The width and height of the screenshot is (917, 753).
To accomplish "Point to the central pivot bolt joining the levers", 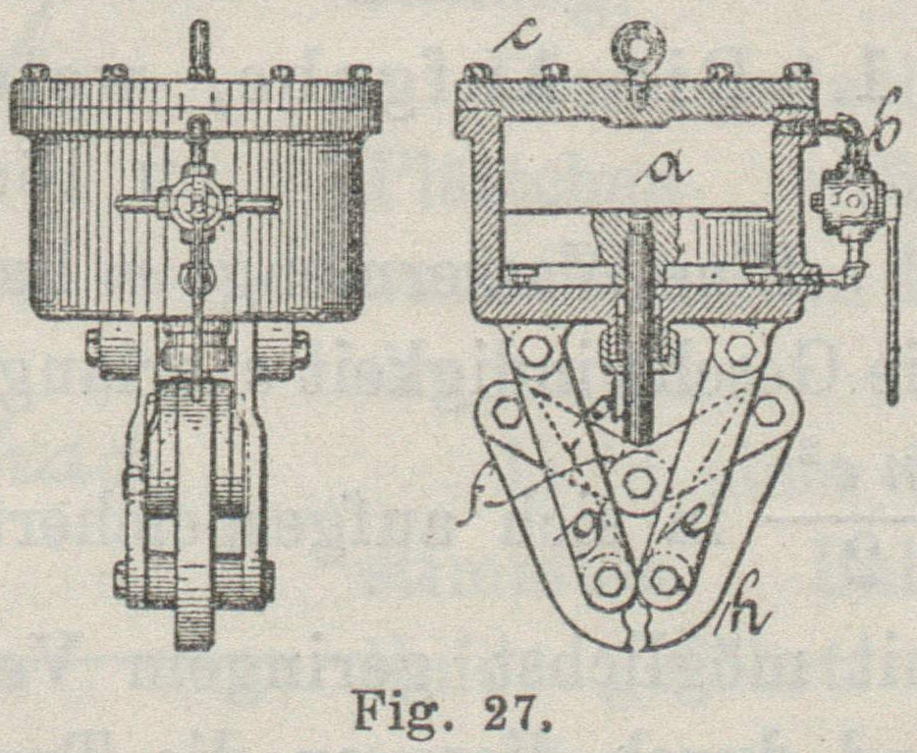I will tap(639, 480).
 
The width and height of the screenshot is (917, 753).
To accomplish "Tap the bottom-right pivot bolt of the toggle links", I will tap(669, 579).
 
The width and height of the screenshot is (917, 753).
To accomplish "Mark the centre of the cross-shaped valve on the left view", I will tap(197, 204).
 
